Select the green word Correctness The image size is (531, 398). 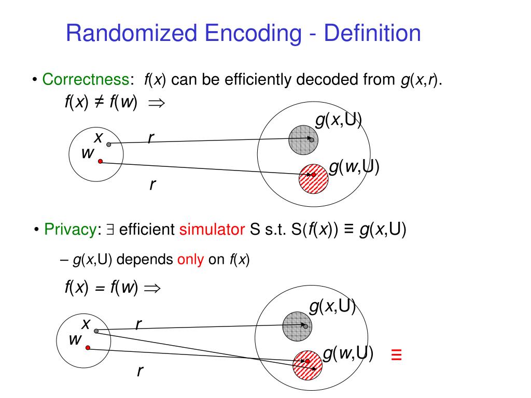tap(85, 80)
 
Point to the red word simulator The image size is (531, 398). tap(212, 230)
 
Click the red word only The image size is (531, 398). tap(190, 260)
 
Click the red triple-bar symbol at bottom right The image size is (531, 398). tap(397, 355)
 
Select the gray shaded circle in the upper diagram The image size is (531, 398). tap(303, 138)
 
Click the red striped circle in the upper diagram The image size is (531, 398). tap(314, 178)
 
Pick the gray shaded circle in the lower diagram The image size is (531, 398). tap(297, 326)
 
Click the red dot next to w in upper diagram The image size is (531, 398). tap(100, 162)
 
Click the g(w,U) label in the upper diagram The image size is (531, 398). tap(354, 167)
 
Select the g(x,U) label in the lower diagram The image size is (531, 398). tap(332, 307)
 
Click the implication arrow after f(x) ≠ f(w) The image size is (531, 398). tap(156, 103)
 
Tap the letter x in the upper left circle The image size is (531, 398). tap(97, 138)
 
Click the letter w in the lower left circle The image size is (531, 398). tap(75, 340)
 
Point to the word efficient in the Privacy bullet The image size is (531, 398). tap(147, 230)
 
